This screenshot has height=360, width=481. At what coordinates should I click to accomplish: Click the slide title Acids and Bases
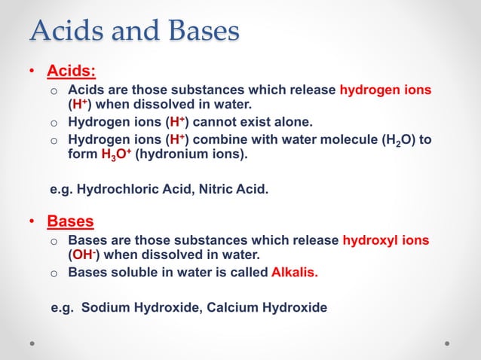pyautogui.click(x=135, y=31)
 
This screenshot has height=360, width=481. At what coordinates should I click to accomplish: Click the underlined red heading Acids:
pyautogui.click(x=72, y=72)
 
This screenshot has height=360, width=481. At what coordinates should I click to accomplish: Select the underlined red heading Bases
pyautogui.click(x=71, y=221)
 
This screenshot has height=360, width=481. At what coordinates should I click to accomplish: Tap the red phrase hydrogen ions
pyautogui.click(x=386, y=90)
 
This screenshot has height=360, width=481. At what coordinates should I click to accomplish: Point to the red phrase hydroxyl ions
pyautogui.click(x=386, y=241)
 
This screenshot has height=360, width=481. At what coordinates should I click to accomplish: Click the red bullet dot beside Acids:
pyautogui.click(x=32, y=72)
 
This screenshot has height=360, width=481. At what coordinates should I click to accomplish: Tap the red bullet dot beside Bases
pyautogui.click(x=32, y=222)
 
